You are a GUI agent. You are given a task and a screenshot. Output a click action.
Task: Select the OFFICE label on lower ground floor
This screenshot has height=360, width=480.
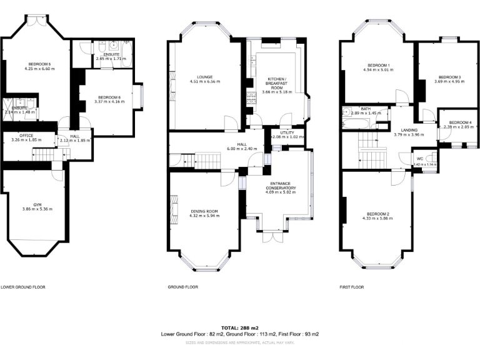(26, 135)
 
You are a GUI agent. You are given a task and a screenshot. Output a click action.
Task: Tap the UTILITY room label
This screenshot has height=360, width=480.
(287, 133)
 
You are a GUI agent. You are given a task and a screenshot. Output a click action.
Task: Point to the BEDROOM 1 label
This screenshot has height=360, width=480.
(379, 66)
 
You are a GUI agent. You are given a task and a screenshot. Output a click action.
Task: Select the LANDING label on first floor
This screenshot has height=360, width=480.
(409, 129)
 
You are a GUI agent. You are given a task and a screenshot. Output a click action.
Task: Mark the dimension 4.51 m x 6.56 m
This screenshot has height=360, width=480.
(205, 81)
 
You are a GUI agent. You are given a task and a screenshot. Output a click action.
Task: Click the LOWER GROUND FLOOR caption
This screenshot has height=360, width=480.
(23, 287)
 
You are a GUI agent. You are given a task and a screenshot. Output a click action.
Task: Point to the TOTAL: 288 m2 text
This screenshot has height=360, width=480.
(239, 328)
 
